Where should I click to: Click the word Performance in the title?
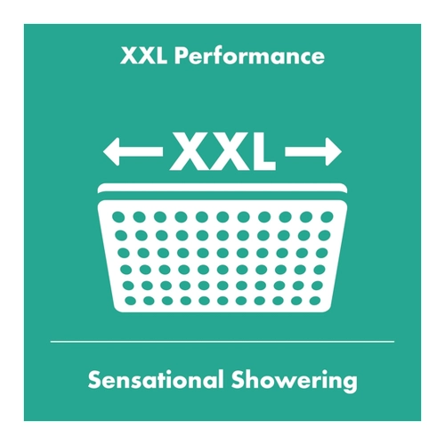click(249, 56)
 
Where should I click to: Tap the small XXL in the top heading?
click(143, 56)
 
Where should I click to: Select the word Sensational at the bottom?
click(156, 380)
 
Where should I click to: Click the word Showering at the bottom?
click(295, 382)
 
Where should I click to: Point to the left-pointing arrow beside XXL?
click(133, 151)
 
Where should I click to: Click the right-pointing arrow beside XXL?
click(313, 151)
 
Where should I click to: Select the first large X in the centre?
click(190, 151)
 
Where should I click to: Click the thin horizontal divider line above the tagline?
click(222, 342)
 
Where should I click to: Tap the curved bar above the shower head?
click(222, 188)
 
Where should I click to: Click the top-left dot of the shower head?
click(118, 217)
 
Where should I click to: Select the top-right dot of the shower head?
click(327, 217)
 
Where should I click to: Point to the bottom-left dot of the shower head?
click(130, 301)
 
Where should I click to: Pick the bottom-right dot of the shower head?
click(315, 301)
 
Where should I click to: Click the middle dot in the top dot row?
click(222, 217)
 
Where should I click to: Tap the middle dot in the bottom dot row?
click(222, 301)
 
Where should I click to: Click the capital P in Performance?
click(180, 56)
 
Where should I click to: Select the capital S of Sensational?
click(94, 379)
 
